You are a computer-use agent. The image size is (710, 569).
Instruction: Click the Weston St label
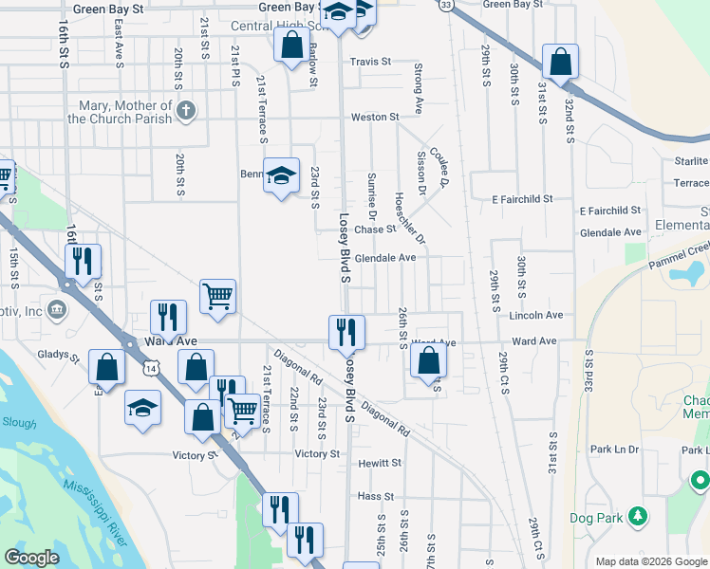point(375,117)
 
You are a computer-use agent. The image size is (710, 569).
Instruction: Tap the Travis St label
point(370,62)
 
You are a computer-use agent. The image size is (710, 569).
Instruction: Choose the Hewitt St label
point(380,463)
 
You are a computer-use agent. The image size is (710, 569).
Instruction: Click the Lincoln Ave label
point(536,315)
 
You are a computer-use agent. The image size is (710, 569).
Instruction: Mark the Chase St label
point(375,229)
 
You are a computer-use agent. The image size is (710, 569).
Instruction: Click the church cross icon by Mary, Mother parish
point(186,111)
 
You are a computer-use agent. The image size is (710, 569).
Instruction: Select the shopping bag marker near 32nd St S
point(561,61)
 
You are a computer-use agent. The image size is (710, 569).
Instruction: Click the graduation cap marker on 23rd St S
point(281,174)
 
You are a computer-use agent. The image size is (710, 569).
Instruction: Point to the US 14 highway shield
point(152,365)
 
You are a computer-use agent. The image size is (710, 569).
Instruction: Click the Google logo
point(31,558)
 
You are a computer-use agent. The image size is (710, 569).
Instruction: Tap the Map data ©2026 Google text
point(650,561)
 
